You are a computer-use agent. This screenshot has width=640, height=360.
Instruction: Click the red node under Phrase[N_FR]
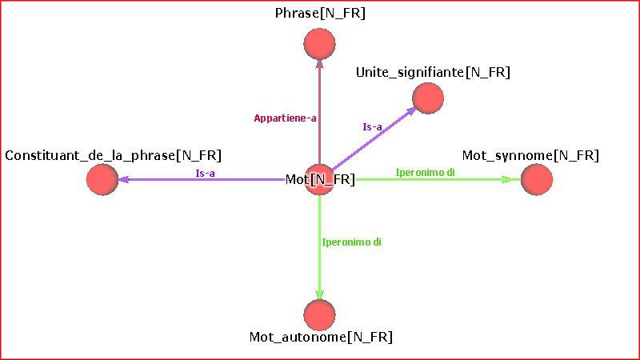(x=319, y=43)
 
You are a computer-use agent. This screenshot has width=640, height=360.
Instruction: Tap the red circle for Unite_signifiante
(x=427, y=98)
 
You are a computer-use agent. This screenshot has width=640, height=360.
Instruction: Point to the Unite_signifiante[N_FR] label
(x=433, y=73)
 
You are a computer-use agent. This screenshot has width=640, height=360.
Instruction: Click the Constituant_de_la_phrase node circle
(x=102, y=179)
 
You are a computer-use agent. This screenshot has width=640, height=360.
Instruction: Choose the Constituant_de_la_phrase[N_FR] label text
(x=113, y=155)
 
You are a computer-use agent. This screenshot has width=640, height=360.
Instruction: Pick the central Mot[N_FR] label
(x=320, y=179)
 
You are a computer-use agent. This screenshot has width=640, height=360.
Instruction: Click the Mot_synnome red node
(x=536, y=179)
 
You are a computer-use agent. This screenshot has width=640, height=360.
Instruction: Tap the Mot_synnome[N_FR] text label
(x=530, y=155)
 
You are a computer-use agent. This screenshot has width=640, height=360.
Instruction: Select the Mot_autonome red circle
(x=319, y=314)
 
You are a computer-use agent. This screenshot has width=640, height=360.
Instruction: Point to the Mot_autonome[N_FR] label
(x=321, y=338)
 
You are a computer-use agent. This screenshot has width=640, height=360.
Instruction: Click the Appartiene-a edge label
(x=286, y=118)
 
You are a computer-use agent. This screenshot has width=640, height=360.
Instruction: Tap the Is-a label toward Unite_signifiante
(x=373, y=126)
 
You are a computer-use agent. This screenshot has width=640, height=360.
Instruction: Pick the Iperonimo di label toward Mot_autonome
(x=351, y=242)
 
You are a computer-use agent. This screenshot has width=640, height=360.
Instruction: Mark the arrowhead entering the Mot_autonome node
(x=319, y=294)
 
